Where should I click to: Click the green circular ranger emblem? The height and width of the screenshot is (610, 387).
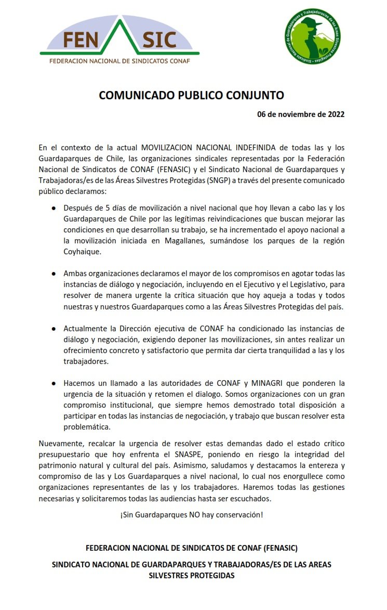pyautogui.click(x=313, y=36)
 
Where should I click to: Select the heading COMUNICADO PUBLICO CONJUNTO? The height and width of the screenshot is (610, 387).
pyautogui.click(x=192, y=96)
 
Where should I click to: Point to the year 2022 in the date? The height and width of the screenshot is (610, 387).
pyautogui.click(x=332, y=114)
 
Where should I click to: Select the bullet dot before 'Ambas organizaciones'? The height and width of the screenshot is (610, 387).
pyautogui.click(x=54, y=274)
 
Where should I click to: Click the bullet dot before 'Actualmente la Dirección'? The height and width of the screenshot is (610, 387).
pyautogui.click(x=54, y=330)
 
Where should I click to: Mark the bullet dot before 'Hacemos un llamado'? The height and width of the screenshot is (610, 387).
pyautogui.click(x=54, y=383)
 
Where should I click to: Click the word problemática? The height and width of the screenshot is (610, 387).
pyautogui.click(x=87, y=426)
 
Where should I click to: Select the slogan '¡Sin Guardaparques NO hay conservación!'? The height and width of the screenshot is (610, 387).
pyautogui.click(x=192, y=514)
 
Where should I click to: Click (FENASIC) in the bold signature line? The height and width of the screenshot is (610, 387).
pyautogui.click(x=273, y=548)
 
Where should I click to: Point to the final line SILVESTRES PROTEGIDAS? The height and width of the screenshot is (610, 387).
pyautogui.click(x=192, y=576)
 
